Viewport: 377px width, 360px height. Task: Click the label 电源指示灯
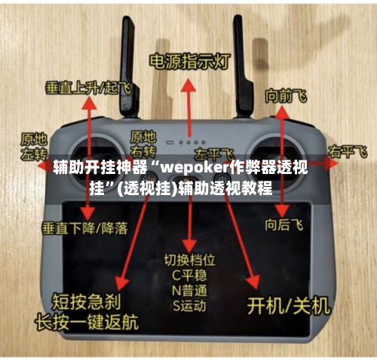pos(188,61)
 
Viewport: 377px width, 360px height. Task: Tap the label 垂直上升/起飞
pos(87,87)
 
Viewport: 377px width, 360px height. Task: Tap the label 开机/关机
pos(290,305)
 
